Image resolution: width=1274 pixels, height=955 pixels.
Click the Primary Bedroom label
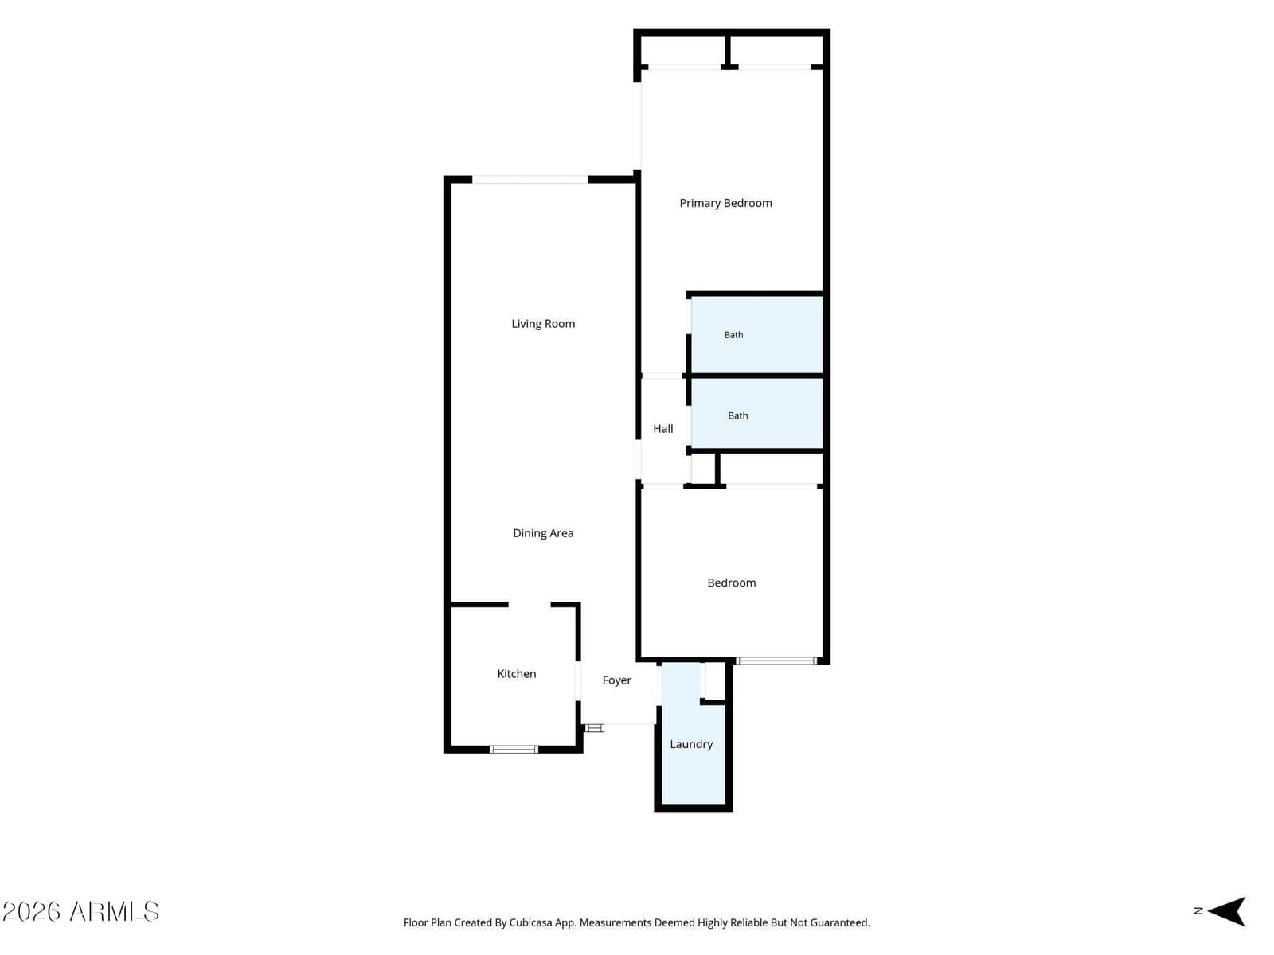(725, 203)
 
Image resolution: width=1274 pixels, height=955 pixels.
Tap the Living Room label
(543, 324)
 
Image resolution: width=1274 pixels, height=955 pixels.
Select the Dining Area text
(543, 533)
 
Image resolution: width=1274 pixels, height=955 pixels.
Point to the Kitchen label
(516, 674)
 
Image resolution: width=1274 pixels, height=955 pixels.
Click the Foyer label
(616, 680)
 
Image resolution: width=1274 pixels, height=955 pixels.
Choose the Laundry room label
(690, 744)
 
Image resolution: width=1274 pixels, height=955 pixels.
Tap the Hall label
(662, 428)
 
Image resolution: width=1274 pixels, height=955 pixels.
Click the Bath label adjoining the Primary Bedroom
(733, 334)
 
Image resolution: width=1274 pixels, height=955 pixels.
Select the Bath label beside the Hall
(737, 415)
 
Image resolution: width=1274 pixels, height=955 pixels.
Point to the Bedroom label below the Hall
(731, 583)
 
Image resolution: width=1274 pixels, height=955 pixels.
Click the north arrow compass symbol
(1225, 911)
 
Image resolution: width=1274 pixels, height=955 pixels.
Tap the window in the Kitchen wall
(514, 749)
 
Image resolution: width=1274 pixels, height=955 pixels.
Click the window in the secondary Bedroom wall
(776, 661)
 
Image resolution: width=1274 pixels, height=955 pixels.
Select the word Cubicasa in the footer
(530, 922)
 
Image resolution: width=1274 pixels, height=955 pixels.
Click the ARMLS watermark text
(115, 911)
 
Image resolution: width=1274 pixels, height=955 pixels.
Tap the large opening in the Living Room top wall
(530, 180)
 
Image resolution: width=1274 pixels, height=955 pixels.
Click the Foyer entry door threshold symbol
(594, 727)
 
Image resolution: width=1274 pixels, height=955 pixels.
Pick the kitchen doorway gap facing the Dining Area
(530, 605)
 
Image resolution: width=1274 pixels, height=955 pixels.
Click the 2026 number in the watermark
(31, 911)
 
